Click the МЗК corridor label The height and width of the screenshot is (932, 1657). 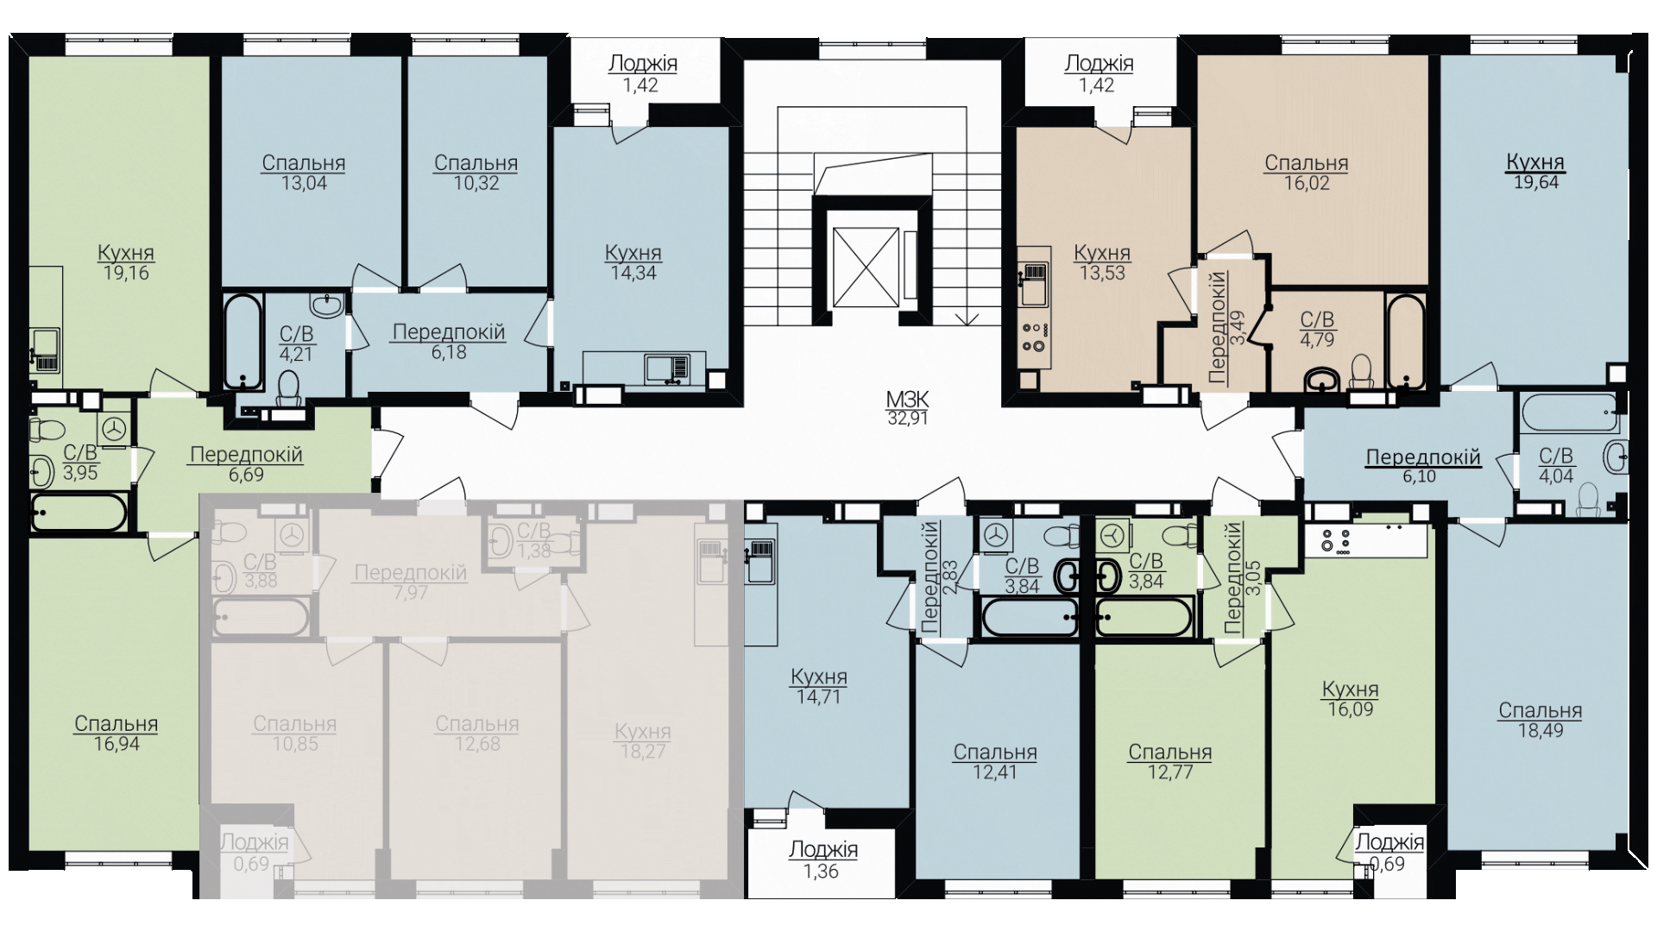tap(907, 400)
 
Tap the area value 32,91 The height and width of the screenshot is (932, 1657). tap(907, 419)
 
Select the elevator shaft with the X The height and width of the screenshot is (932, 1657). tap(866, 267)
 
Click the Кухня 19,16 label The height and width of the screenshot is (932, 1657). tap(126, 262)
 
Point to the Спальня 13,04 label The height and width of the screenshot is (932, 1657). tap(304, 173)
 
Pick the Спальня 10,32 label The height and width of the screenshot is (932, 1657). tap(476, 173)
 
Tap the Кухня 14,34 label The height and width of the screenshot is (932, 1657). tap(633, 262)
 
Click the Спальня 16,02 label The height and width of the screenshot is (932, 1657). tap(1307, 173)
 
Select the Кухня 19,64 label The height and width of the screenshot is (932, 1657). tap(1535, 171)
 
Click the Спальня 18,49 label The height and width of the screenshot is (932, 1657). tap(1540, 721)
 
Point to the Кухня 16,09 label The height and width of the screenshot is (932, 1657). tap(1351, 699)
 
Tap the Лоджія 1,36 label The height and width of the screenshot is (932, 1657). tap(823, 860)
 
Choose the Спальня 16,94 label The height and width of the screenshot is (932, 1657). tap(117, 734)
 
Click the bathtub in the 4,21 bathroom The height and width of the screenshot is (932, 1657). tap(243, 342)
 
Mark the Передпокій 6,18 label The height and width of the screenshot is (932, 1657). tap(449, 342)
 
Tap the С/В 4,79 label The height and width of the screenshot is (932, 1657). tap(1317, 330)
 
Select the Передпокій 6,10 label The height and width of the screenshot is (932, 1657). tap(1422, 466)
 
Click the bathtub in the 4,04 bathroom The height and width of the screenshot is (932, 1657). tap(1571, 414)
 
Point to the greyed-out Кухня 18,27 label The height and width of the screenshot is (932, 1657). tap(643, 741)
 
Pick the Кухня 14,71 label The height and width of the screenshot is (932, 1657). tap(819, 686)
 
